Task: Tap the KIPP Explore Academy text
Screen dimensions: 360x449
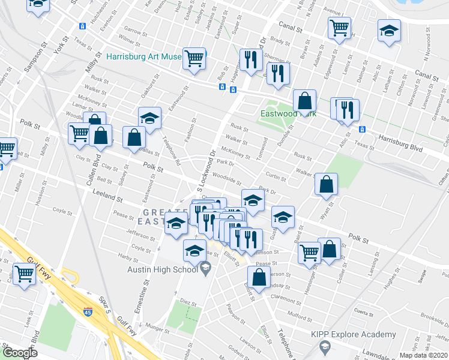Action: [354, 334]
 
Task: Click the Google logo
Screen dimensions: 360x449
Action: [20, 353]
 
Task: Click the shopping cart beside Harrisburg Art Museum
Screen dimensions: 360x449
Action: [194, 59]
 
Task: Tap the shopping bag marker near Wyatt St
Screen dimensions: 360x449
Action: [326, 184]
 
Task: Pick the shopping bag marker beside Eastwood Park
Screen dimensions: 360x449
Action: [305, 100]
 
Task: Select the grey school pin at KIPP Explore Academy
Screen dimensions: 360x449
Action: [324, 347]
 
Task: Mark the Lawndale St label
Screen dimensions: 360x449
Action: [420, 350]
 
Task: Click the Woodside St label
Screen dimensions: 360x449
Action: [227, 179]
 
